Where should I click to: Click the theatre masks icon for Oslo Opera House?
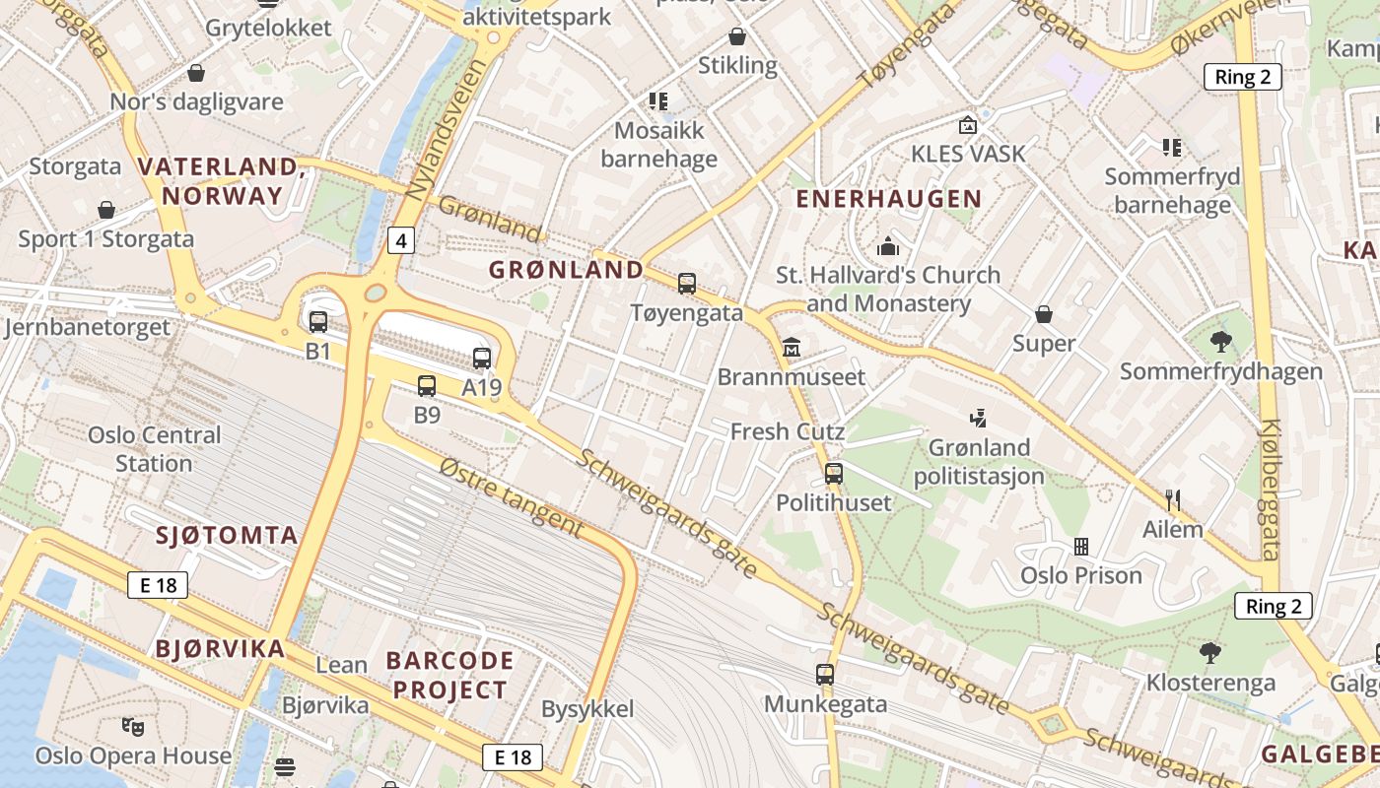132,727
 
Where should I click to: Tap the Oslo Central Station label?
154,449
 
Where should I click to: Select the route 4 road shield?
399,239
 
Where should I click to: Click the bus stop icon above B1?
317,321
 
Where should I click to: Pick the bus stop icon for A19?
481,358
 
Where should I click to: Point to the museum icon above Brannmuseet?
791,347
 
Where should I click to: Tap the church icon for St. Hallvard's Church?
887,245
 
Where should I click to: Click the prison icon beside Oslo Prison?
1080,546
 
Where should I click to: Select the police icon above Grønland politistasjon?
978,418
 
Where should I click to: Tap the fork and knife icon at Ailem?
1172,500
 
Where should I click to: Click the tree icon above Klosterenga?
1209,652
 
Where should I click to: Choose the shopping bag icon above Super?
1043,314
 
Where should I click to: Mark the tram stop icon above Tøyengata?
686,284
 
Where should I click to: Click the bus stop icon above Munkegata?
825,675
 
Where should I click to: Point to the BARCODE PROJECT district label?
449,675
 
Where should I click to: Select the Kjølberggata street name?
1270,490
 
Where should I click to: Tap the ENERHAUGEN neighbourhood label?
888,199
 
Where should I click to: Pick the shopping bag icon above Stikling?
736,37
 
